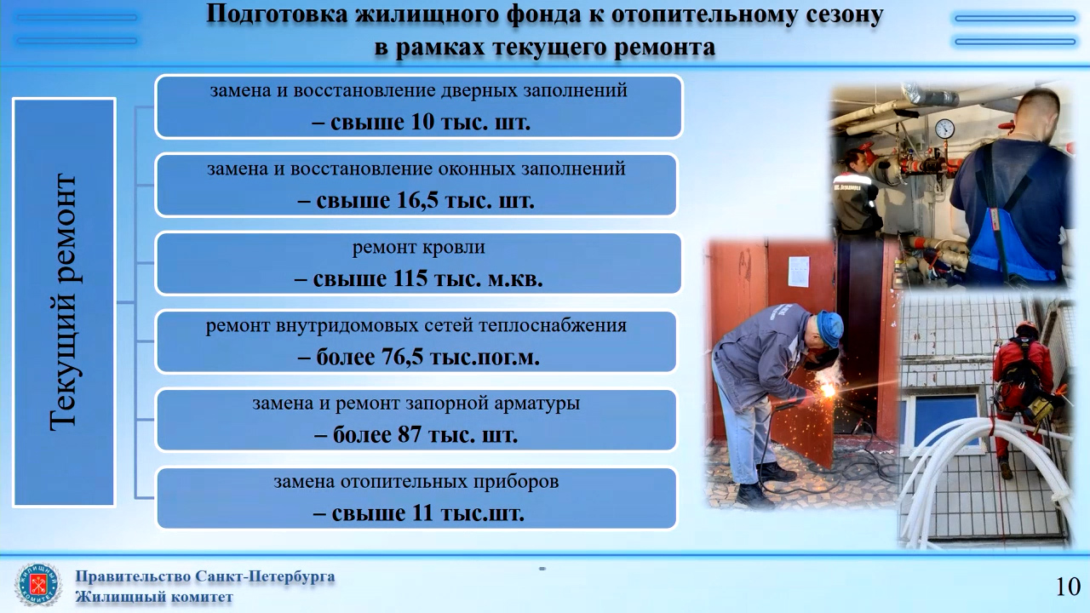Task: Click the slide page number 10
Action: (x=1068, y=587)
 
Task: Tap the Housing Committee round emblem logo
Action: (x=38, y=585)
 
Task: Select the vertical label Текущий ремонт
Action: (x=64, y=302)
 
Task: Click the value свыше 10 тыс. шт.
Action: (x=421, y=122)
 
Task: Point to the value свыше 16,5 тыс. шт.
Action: (x=416, y=200)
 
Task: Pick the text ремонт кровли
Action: (x=418, y=247)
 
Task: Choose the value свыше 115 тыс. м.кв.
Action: (x=418, y=278)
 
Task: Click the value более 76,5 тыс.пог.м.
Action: (x=418, y=357)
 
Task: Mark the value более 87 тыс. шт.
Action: (x=416, y=434)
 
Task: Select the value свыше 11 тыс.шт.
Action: (x=418, y=513)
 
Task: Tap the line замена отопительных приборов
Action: (x=416, y=482)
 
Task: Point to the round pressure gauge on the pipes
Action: (x=944, y=129)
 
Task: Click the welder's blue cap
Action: (x=830, y=327)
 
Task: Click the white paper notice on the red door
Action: (x=799, y=272)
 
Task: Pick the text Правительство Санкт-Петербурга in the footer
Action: (x=205, y=577)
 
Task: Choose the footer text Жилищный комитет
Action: (x=154, y=597)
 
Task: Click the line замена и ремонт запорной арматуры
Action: (x=416, y=404)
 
